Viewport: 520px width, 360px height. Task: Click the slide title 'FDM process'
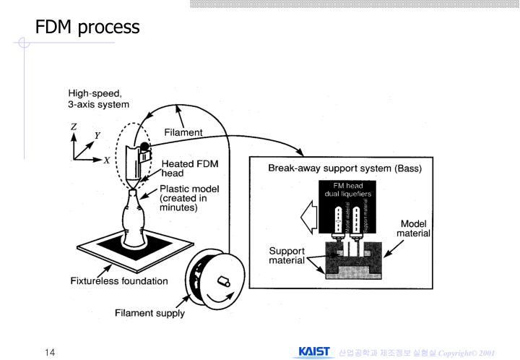pos(87,27)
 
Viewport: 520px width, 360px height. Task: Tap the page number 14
pos(50,351)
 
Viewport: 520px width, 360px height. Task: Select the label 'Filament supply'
pos(150,314)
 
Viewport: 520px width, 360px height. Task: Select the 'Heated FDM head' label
pos(185,168)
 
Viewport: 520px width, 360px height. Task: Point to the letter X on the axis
pos(106,160)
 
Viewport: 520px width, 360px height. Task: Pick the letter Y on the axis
pos(97,135)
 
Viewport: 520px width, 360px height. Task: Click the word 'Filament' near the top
pos(183,132)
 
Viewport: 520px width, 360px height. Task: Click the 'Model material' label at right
pos(413,228)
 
